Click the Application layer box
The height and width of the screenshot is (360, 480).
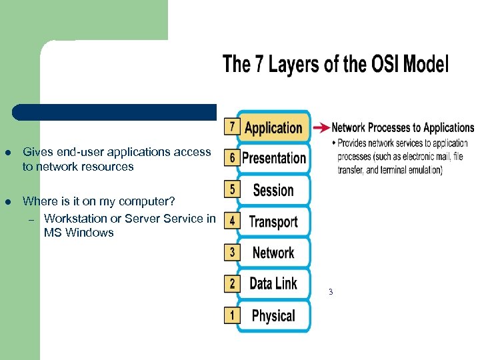click(x=273, y=127)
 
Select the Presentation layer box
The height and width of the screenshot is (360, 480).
click(x=273, y=158)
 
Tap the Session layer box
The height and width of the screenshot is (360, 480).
click(x=273, y=190)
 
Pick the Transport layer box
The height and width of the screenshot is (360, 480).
click(x=273, y=221)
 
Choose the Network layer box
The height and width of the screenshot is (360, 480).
click(x=273, y=253)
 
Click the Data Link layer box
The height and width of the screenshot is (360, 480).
click(x=273, y=284)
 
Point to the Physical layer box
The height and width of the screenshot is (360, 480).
click(x=273, y=315)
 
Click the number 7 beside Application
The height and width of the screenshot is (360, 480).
click(x=231, y=125)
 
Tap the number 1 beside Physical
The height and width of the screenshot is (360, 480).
click(x=231, y=313)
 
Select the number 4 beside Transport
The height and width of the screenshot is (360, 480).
click(x=231, y=220)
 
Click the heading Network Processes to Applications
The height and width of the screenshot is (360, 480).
click(x=403, y=127)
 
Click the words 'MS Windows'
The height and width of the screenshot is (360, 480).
click(x=79, y=233)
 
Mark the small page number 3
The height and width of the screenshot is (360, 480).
click(x=330, y=292)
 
